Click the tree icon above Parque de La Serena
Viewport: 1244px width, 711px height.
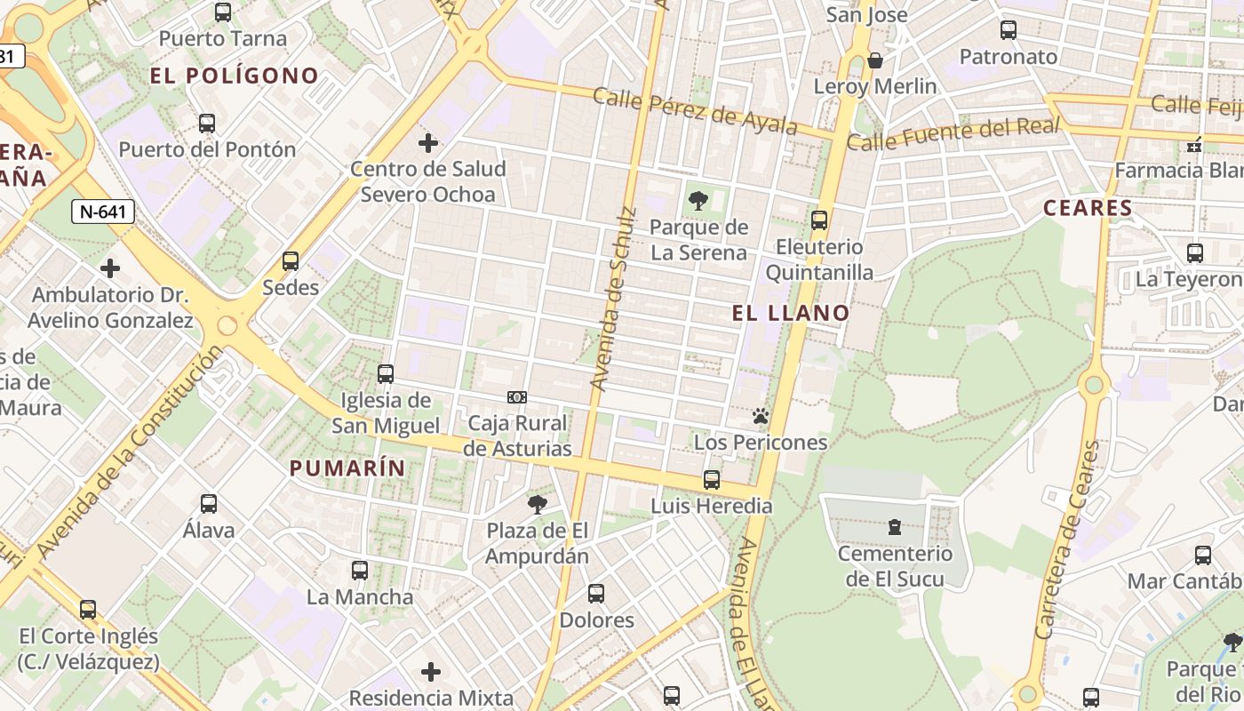click(x=698, y=200)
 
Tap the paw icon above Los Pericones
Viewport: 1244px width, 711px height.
click(x=760, y=416)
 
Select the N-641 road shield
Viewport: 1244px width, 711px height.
click(x=103, y=212)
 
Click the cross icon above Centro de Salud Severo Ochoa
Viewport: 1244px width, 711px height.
click(x=428, y=142)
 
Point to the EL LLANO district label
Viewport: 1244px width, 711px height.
click(x=791, y=313)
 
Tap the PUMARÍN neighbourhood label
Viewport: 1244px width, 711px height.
click(x=347, y=468)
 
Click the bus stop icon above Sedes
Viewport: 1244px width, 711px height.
click(x=291, y=261)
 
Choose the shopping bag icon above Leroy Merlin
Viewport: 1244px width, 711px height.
click(x=875, y=60)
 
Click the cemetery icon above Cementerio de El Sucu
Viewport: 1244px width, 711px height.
click(x=895, y=528)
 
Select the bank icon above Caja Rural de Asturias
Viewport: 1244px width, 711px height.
click(x=516, y=397)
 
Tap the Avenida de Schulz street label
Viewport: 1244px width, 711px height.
click(x=614, y=299)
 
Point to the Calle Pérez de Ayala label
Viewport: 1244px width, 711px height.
click(x=695, y=111)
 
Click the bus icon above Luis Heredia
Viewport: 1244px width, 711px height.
click(x=712, y=480)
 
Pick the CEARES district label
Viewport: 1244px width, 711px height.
click(x=1088, y=209)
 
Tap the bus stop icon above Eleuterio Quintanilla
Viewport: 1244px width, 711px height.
click(x=819, y=220)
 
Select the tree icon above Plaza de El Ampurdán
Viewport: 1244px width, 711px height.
click(x=537, y=505)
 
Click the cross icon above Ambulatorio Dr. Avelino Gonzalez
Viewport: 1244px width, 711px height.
click(x=110, y=268)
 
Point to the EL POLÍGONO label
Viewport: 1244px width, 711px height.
click(x=235, y=76)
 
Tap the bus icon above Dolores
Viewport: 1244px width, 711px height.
click(x=596, y=594)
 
